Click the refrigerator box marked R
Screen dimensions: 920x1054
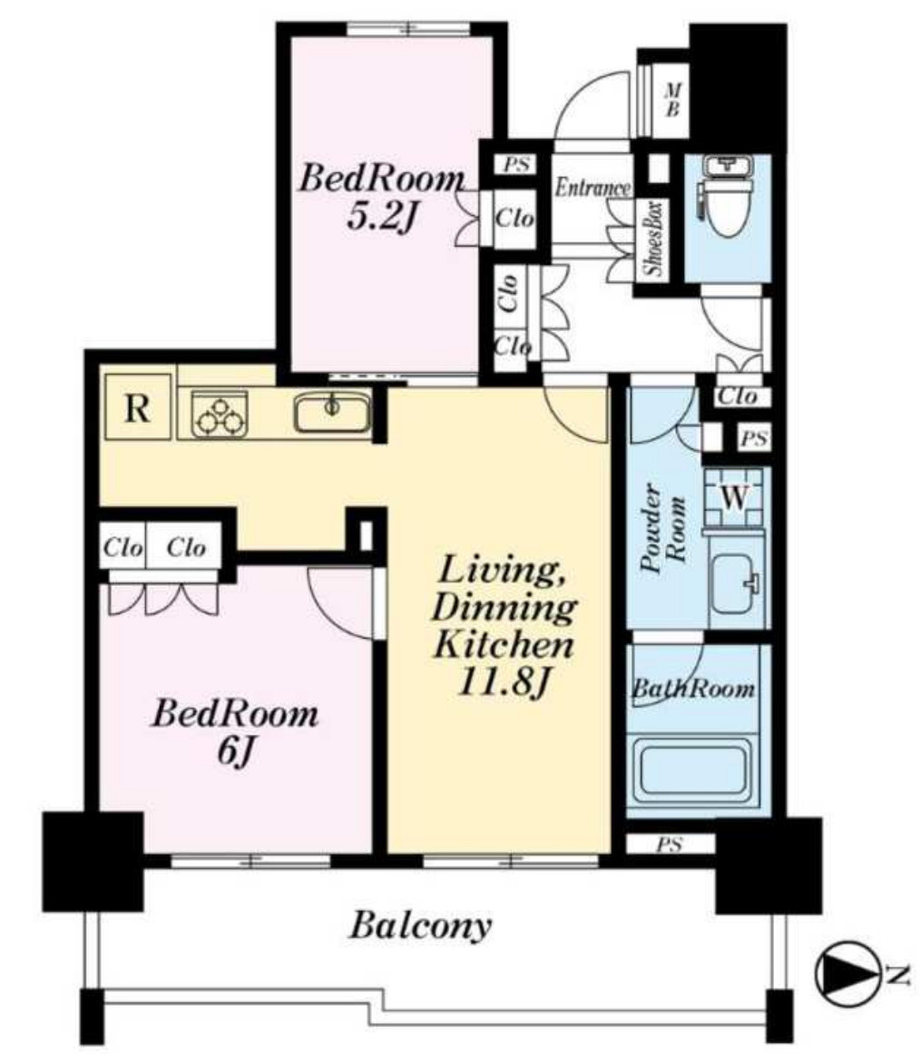(138, 406)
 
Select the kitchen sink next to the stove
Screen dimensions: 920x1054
(331, 412)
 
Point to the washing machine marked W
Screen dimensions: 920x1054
(734, 497)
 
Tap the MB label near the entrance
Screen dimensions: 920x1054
(671, 99)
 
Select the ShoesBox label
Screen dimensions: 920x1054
(653, 238)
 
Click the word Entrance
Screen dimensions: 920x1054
(592, 187)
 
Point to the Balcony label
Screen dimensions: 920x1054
(420, 925)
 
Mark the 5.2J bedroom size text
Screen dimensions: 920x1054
(381, 217)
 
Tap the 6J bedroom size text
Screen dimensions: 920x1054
(235, 752)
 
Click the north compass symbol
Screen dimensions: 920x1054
(847, 972)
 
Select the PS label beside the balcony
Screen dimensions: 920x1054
(670, 844)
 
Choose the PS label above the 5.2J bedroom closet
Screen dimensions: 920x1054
(516, 164)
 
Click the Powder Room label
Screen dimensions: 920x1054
(663, 531)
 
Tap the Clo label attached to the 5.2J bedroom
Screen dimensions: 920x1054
(514, 218)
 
